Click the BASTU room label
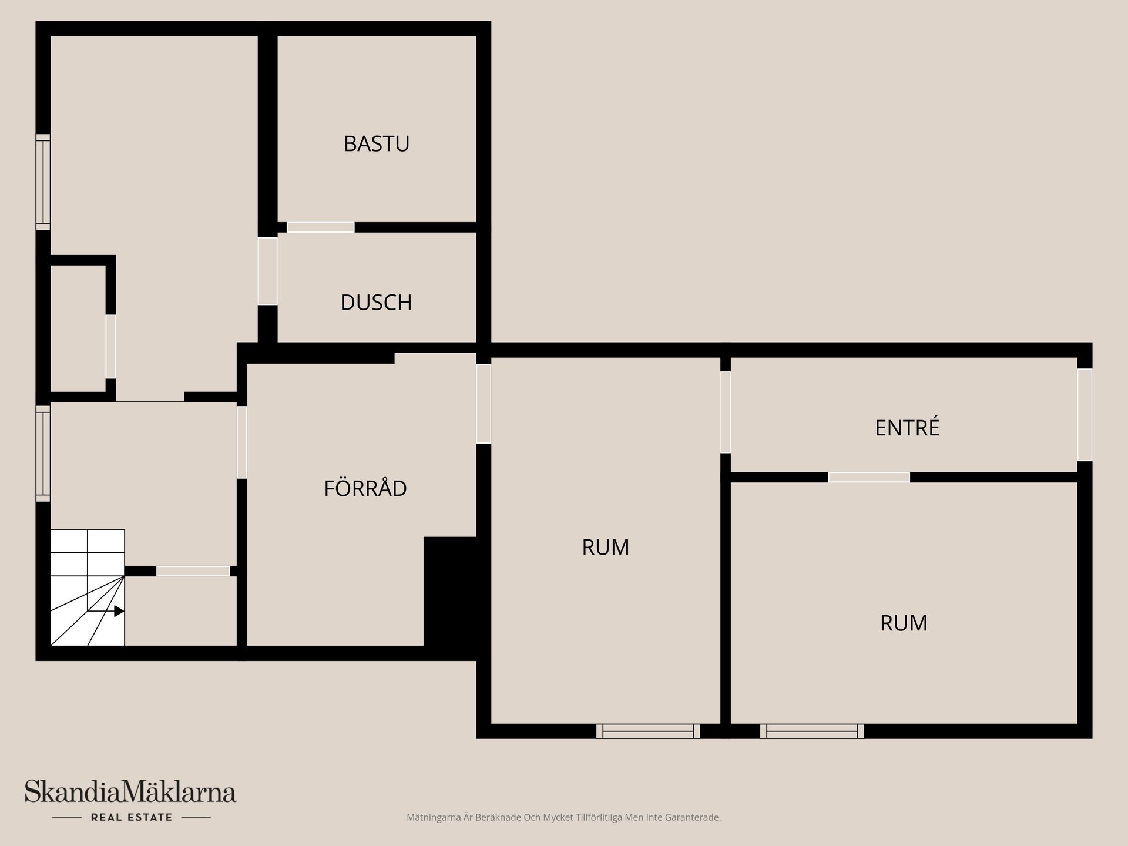tap(377, 144)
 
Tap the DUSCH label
tap(376, 303)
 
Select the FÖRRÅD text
tap(365, 488)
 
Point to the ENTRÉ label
tap(907, 428)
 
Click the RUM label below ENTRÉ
tap(904, 623)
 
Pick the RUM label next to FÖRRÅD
tap(606, 547)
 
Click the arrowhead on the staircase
tap(119, 611)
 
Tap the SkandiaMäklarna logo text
tap(130, 792)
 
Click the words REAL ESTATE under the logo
tap(132, 817)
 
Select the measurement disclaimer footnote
tap(563, 817)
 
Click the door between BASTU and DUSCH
tap(321, 227)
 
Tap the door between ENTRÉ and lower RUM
tap(869, 477)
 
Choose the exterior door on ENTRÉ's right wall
tap(1085, 415)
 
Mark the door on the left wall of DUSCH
tap(267, 271)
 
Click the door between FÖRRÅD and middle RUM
tap(483, 404)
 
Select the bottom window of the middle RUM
tap(648, 731)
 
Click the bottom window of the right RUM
tap(812, 731)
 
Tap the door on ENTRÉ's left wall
tap(726, 412)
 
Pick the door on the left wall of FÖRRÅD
tap(241, 442)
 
